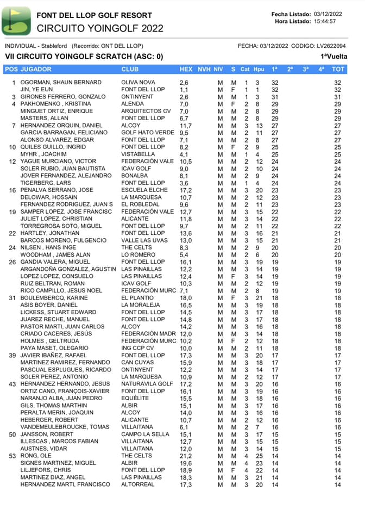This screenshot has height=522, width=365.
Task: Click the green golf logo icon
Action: (16, 21)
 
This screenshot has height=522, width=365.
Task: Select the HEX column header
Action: (186, 69)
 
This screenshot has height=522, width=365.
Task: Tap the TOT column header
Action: (338, 69)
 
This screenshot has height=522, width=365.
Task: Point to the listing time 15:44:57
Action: (325, 22)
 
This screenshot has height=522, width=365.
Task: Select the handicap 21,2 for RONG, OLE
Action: (185, 456)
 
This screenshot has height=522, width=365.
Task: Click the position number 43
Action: (13, 384)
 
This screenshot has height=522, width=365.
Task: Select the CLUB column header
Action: (130, 69)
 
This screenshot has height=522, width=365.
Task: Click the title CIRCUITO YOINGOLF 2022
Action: (100, 28)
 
